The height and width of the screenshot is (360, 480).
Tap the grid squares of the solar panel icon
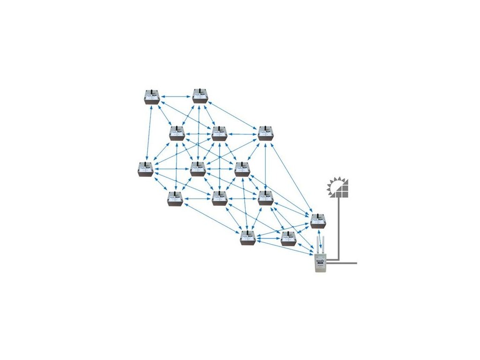click(344, 190)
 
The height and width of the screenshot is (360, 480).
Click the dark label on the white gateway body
click(320, 263)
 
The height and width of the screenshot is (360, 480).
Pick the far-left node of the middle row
click(146, 169)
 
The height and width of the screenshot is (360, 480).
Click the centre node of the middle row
click(198, 169)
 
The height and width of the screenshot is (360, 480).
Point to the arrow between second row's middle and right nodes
click(242, 134)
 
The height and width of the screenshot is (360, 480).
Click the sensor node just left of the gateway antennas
click(288, 239)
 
